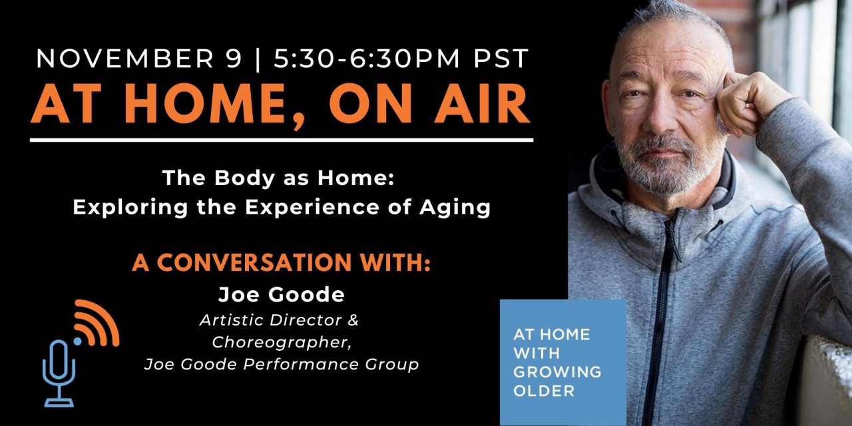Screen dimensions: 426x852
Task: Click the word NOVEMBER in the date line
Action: pos(127,59)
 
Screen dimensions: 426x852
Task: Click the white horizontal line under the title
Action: pos(282,140)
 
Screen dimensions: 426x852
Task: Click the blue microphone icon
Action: pos(59,373)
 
